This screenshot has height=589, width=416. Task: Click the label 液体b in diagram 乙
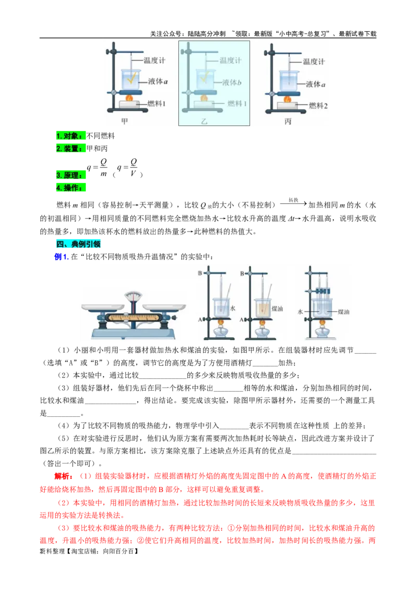[231, 82]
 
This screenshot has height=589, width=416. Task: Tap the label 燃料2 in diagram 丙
[318, 106]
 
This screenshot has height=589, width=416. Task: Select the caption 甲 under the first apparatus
[125, 121]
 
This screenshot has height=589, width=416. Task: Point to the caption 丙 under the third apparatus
[288, 121]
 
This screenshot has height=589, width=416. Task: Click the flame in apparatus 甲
[129, 98]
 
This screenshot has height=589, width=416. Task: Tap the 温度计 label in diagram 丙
[314, 61]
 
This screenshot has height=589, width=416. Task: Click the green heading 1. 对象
[71, 136]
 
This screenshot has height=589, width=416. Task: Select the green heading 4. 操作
[71, 187]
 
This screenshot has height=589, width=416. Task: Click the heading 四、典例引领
[79, 244]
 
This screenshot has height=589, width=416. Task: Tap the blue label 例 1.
[61, 257]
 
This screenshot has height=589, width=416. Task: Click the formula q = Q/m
[97, 168]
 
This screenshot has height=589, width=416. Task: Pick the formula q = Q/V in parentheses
[127, 168]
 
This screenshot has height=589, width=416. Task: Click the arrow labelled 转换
[293, 203]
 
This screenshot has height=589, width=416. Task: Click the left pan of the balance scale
[103, 308]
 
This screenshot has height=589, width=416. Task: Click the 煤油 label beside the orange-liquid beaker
[277, 309]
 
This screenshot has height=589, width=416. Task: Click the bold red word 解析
[63, 476]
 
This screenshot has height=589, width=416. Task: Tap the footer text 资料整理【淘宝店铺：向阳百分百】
[89, 551]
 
